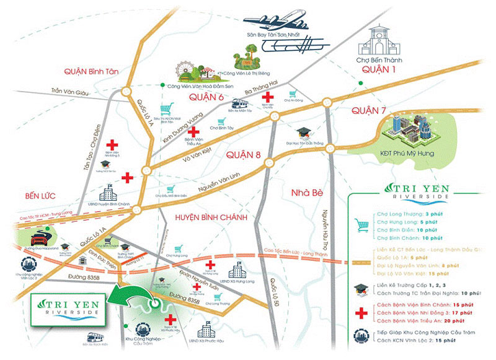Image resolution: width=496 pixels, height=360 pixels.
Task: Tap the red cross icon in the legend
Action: click(359, 314)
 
